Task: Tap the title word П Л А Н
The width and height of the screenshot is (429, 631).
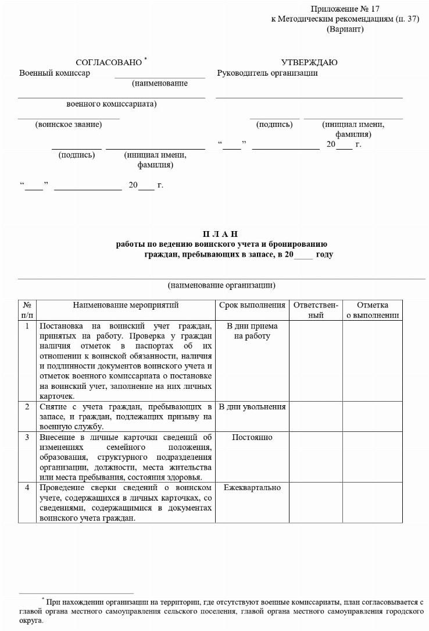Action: [220, 234]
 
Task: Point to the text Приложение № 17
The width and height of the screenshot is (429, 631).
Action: [345, 9]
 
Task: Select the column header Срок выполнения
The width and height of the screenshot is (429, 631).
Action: [252, 306]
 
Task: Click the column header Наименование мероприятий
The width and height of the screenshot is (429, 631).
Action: [126, 306]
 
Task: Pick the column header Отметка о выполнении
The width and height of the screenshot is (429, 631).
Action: [373, 310]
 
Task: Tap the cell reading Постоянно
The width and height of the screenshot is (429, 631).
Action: [252, 438]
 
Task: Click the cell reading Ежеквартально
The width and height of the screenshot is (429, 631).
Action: [252, 488]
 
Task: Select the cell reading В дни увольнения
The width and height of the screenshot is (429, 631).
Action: [252, 407]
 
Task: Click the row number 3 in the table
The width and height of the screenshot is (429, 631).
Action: [27, 438]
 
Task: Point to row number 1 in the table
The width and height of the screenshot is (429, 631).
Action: [27, 326]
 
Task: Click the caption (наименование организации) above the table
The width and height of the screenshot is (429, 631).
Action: [221, 285]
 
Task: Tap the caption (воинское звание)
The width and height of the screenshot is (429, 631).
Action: [68, 125]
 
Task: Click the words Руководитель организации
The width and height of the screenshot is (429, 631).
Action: [267, 73]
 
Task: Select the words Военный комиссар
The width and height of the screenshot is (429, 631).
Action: [55, 73]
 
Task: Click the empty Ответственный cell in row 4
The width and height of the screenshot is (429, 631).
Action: [315, 502]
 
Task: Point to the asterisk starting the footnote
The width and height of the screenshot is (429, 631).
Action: [43, 599]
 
